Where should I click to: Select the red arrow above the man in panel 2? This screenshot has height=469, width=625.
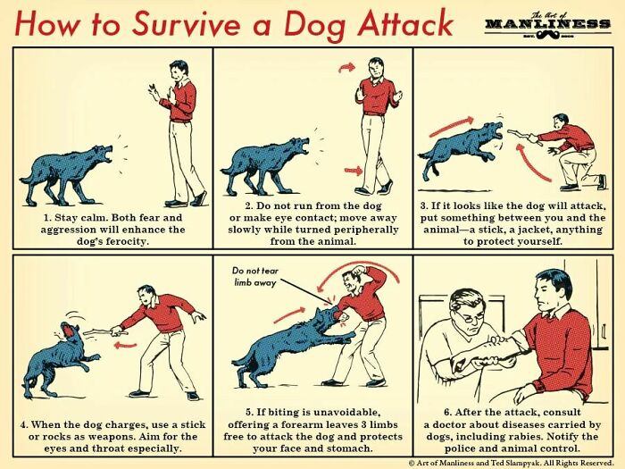[347, 66]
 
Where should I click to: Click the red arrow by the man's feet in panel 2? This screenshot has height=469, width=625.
[354, 169]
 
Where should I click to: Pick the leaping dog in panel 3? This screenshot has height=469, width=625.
[460, 148]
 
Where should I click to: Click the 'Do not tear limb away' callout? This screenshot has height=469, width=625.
[256, 276]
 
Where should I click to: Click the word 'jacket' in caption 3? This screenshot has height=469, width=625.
[528, 229]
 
